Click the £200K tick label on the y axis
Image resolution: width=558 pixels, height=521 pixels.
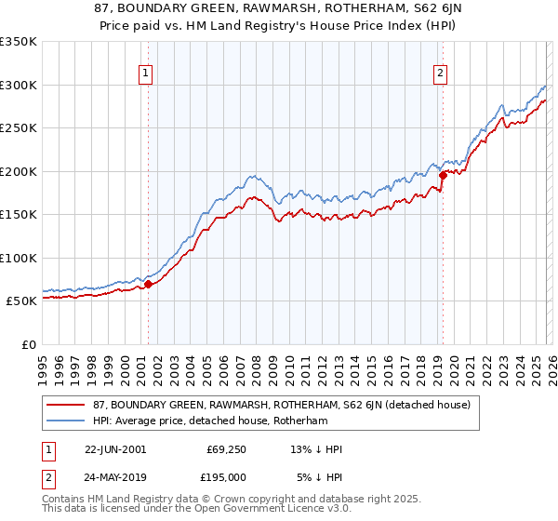pyautogui.click(x=19, y=171)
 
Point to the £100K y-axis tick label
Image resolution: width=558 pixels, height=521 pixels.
pyautogui.click(x=19, y=258)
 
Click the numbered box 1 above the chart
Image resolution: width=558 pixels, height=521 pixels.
pyautogui.click(x=147, y=76)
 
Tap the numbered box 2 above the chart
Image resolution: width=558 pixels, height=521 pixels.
pyautogui.click(x=439, y=76)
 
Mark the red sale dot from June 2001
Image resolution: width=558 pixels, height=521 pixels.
pyautogui.click(x=148, y=284)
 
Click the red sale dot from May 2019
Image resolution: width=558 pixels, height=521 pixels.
pyautogui.click(x=442, y=176)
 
